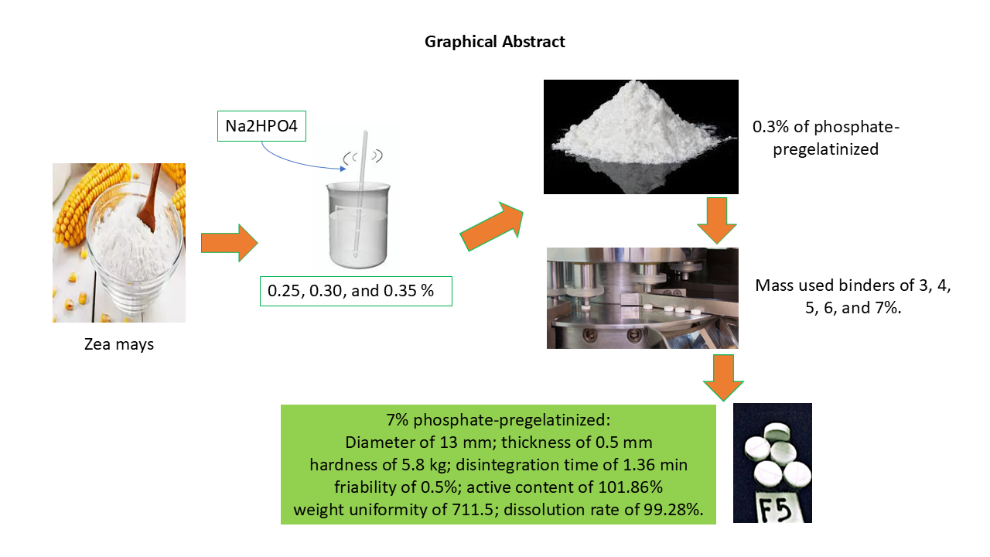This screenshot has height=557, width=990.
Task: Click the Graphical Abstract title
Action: coord(494,42)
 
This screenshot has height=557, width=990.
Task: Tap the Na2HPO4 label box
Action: coord(261,126)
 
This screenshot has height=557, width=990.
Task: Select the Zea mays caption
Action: coord(119,344)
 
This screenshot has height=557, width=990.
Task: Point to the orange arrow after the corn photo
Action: coord(229,243)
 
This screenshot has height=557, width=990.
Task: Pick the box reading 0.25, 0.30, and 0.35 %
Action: coord(356,291)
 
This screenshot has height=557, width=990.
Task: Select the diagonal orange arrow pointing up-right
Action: coord(491,227)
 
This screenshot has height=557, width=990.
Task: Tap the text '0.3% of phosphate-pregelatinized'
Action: coord(825,138)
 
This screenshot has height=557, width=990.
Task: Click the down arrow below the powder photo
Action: coord(716,220)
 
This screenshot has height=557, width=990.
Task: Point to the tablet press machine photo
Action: coord(642,298)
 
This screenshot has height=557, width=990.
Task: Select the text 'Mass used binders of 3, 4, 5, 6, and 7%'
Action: coord(853,296)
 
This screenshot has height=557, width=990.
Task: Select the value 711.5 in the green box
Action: coord(472,510)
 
